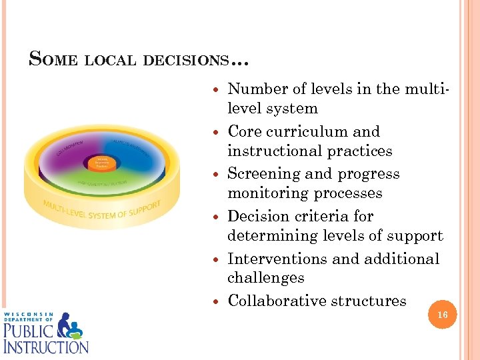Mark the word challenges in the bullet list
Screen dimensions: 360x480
tap(265, 277)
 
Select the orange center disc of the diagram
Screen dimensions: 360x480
tap(103, 162)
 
